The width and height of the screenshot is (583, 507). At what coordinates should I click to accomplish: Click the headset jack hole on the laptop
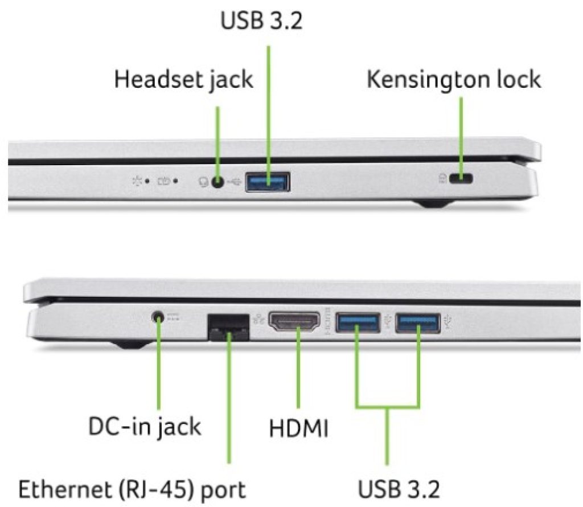[217, 182]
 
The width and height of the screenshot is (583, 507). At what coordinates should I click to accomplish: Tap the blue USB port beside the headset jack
[268, 182]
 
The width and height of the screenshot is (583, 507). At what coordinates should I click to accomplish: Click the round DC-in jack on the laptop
[158, 316]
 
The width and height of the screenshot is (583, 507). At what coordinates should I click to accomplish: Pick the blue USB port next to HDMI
[358, 323]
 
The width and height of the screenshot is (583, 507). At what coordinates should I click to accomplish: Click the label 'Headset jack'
[183, 80]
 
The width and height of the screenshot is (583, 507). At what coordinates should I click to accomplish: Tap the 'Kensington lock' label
[453, 80]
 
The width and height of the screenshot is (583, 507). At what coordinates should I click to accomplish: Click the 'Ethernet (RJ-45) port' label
[133, 489]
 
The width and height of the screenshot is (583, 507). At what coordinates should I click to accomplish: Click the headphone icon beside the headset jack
[203, 182]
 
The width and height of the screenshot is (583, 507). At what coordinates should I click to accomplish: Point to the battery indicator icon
[165, 181]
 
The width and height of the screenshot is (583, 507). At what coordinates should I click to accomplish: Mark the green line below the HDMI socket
[298, 370]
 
